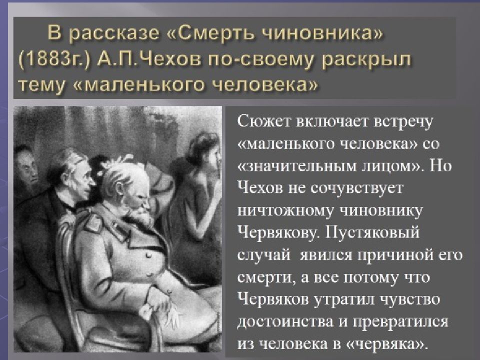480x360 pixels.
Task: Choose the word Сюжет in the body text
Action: coord(265,121)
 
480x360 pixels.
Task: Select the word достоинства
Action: coord(283,323)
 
